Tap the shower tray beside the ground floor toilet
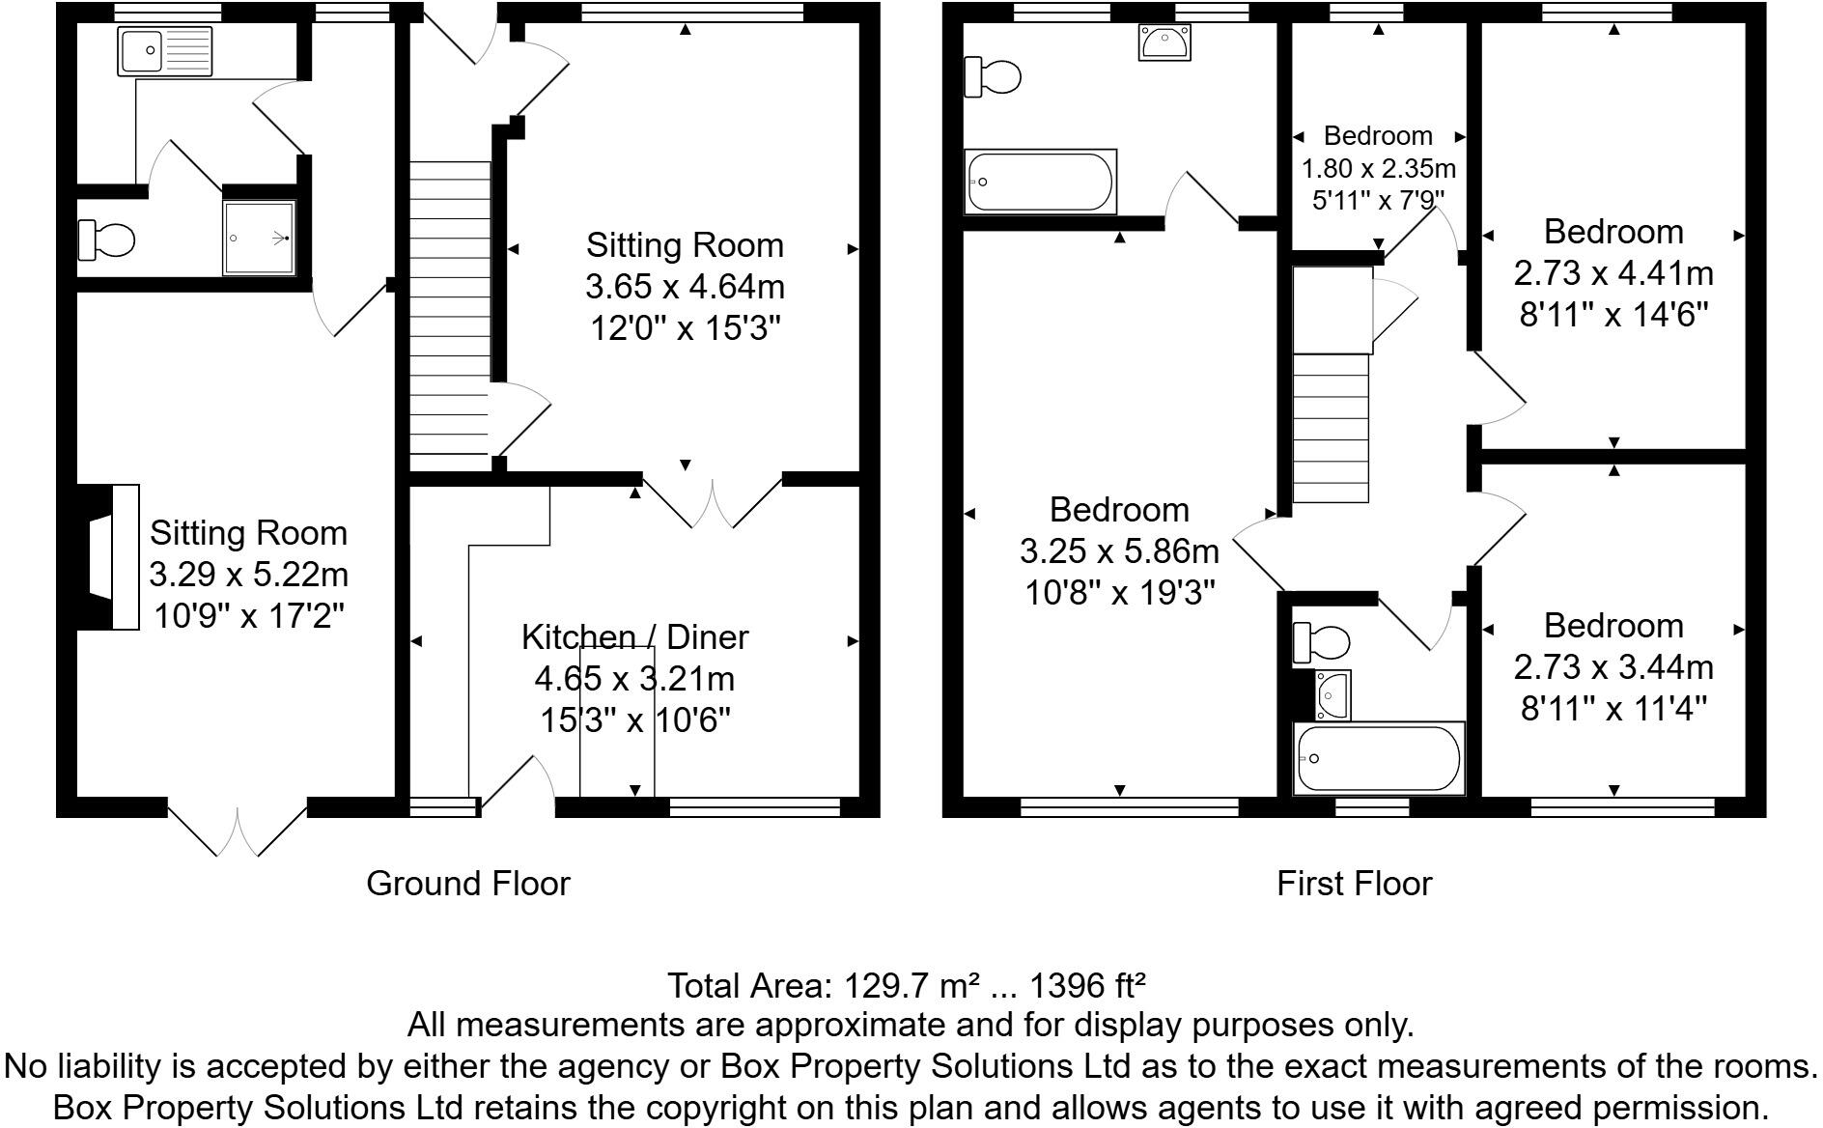pyautogui.click(x=259, y=238)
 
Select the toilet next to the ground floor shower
pyautogui.click(x=106, y=240)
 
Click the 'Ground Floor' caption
pyautogui.click(x=468, y=883)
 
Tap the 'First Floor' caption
pyautogui.click(x=1354, y=883)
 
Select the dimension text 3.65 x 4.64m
pyautogui.click(x=685, y=287)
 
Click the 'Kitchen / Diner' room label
pyautogui.click(x=634, y=636)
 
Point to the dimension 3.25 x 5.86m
pyautogui.click(x=1119, y=551)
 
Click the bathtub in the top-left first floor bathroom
pyautogui.click(x=1042, y=182)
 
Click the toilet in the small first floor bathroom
pyautogui.click(x=1322, y=641)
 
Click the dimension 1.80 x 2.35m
pyautogui.click(x=1379, y=168)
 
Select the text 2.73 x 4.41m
pyautogui.click(x=1613, y=273)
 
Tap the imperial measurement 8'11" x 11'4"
pyautogui.click(x=1613, y=710)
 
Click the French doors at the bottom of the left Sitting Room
pyautogui.click(x=238, y=826)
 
